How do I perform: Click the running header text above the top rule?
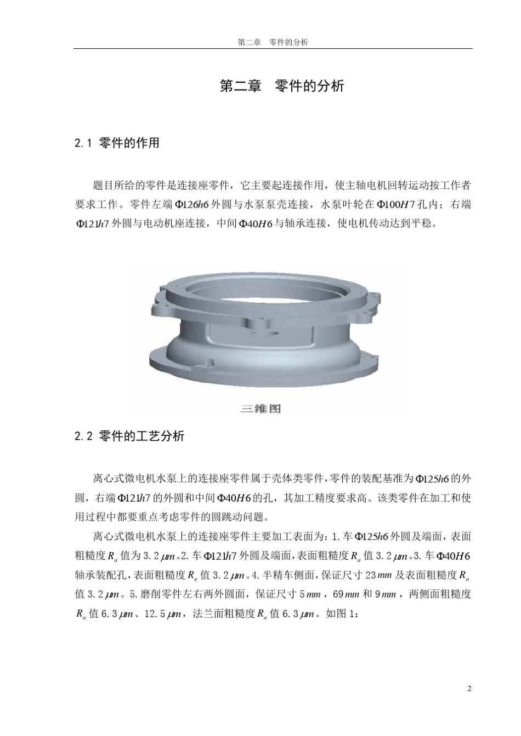273,42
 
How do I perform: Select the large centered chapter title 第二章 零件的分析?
281,86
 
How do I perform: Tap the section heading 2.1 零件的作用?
117,143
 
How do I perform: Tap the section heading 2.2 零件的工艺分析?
129,436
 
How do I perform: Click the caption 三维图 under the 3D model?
260,409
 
